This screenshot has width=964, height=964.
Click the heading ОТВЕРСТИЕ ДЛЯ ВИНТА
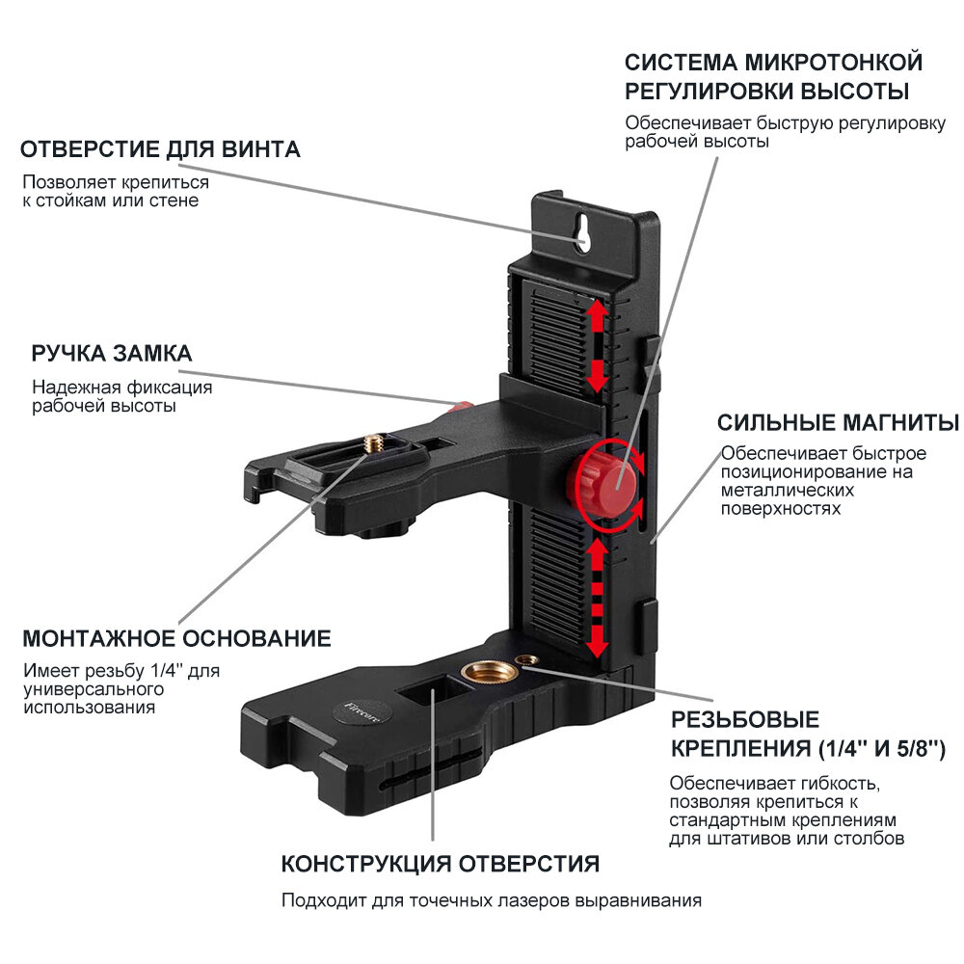pyautogui.click(x=161, y=149)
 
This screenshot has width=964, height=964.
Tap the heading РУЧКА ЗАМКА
pyautogui.click(x=112, y=354)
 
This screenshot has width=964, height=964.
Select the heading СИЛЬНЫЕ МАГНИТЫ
pyautogui.click(x=838, y=423)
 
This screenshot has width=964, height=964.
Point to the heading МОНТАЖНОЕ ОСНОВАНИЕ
pyautogui.click(x=177, y=638)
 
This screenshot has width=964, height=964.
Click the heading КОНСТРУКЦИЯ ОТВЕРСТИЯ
pyautogui.click(x=441, y=863)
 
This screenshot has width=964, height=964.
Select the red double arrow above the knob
pyautogui.click(x=598, y=345)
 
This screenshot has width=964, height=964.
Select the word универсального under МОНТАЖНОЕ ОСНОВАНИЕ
pyautogui.click(x=93, y=689)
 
